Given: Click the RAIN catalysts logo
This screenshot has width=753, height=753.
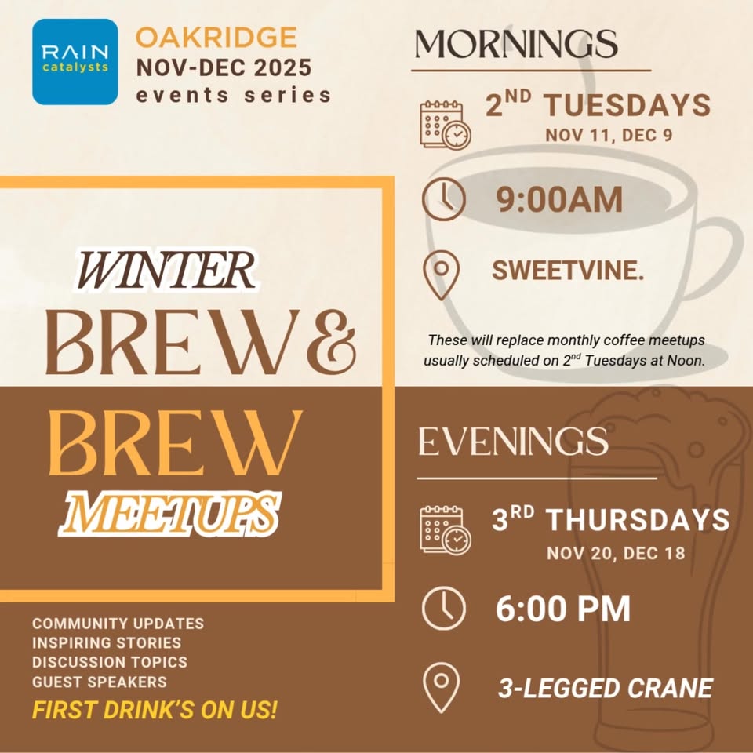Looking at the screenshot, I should [x=75, y=61].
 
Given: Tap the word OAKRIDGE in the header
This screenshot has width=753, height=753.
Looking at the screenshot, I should [x=216, y=37].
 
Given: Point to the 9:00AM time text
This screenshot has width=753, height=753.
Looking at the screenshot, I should [x=559, y=199].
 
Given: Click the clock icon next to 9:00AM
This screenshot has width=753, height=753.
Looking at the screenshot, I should [x=443, y=199].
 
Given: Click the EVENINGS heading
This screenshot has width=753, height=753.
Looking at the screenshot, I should [x=513, y=442].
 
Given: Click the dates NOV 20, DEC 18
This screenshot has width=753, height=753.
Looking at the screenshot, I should [x=616, y=553].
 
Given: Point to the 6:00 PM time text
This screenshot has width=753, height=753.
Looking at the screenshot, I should [x=562, y=609].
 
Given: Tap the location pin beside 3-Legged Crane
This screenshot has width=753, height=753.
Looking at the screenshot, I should [x=441, y=687].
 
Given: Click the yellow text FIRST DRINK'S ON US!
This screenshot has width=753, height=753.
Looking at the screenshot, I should [x=155, y=711].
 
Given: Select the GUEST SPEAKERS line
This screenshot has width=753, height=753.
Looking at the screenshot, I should [x=100, y=682].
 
